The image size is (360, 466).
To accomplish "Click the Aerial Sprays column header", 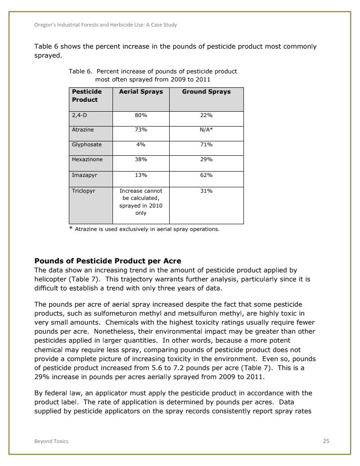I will (140, 92).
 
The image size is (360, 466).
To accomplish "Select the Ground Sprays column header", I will (206, 92).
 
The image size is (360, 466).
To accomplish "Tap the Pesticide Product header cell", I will (87, 95).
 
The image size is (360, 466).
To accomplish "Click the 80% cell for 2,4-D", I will (140, 116).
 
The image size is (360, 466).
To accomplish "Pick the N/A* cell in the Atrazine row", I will (206, 130).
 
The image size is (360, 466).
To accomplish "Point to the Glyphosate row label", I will (87, 145).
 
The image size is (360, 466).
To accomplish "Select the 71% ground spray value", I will (206, 145).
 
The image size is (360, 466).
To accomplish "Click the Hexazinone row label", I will (87, 159).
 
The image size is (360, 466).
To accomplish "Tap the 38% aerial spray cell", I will (140, 159).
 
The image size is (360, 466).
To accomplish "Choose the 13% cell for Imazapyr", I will (140, 175).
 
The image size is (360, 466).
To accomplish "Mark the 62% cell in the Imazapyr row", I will (206, 175).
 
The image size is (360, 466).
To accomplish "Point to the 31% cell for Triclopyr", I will (206, 191).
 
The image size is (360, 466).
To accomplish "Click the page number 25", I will (326, 441).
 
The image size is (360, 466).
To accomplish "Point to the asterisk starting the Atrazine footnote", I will (71, 229).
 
